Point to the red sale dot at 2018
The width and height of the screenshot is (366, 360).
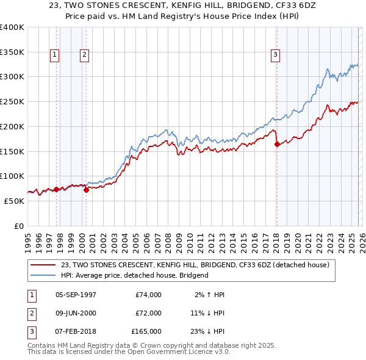pyautogui.click(x=277, y=145)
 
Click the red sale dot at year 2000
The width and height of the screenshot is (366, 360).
pyautogui.click(x=86, y=190)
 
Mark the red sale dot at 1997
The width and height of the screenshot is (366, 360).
pyautogui.click(x=56, y=189)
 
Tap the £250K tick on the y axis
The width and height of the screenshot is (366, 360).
pyautogui.click(x=12, y=102)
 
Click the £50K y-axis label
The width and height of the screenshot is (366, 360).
pyautogui.click(x=14, y=201)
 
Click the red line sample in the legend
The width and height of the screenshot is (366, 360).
pyautogui.click(x=44, y=265)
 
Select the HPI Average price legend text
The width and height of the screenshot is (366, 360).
pyautogui.click(x=134, y=275)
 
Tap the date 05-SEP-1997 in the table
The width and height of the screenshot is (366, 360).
pyautogui.click(x=76, y=295)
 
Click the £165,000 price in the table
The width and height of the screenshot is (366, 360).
pyautogui.click(x=146, y=331)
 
